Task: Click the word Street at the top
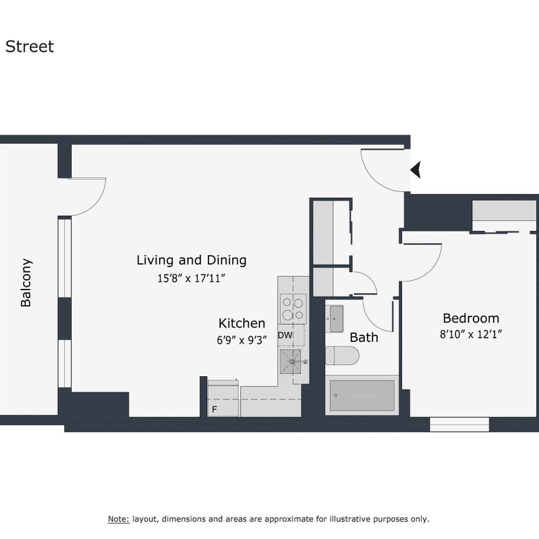point(30,47)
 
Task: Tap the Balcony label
point(26,283)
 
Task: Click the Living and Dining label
point(192,260)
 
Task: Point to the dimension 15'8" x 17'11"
point(191,279)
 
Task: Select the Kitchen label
point(241,323)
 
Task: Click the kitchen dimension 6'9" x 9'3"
point(241,341)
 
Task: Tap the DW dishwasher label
point(285,336)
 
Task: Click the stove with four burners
point(293,309)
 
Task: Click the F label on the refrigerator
point(215,409)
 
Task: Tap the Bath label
point(364,337)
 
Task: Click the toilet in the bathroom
point(341,356)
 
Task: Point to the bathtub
point(362,396)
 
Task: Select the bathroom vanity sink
point(336,319)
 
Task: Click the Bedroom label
point(471,318)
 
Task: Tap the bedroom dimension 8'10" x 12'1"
point(471,334)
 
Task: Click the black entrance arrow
point(415,169)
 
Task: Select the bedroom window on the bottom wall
point(459,425)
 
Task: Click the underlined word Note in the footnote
point(119,519)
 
